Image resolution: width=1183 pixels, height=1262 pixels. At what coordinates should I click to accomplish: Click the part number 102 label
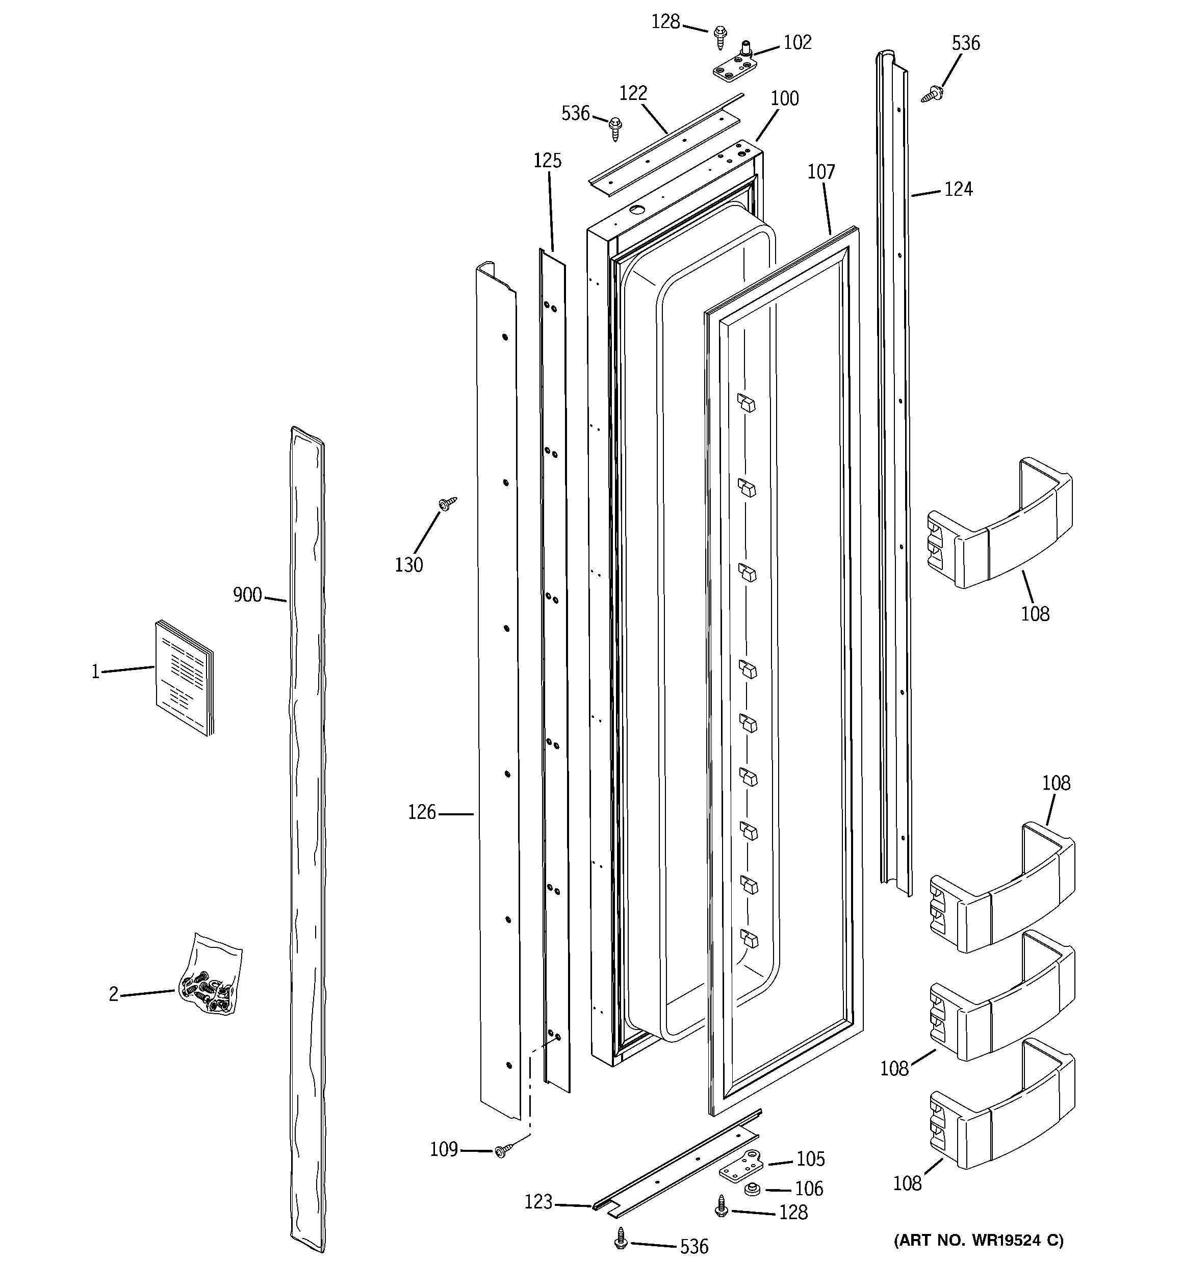coord(798,42)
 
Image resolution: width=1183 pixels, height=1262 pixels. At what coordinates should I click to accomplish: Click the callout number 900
coord(247,595)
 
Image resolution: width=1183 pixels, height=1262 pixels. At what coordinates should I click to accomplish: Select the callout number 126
coord(422,813)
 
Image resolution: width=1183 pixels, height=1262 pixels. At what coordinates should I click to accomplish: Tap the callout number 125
coord(547,161)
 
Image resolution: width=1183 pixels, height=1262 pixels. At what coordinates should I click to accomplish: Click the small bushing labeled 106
coord(754,1189)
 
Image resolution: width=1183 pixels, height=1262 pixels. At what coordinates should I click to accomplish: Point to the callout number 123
coord(538,1202)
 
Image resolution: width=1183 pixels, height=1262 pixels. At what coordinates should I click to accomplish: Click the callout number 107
coord(821,171)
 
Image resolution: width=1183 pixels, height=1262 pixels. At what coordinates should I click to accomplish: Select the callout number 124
coord(958,189)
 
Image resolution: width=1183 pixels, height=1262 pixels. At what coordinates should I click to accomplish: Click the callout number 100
coord(785,98)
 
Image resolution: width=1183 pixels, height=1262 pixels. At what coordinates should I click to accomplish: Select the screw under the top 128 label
coord(720,37)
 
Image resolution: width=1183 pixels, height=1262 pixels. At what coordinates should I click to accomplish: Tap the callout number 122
coord(633,93)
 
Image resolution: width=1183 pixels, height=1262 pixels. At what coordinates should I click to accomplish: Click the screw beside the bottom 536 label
coord(622,1239)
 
